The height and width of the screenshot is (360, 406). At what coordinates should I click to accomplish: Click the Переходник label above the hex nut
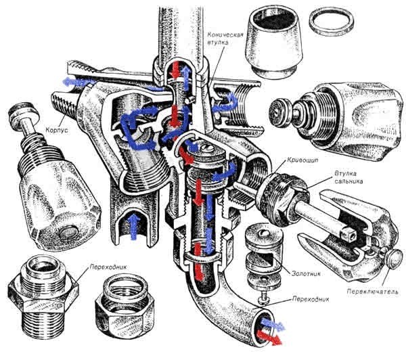click(101, 268)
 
